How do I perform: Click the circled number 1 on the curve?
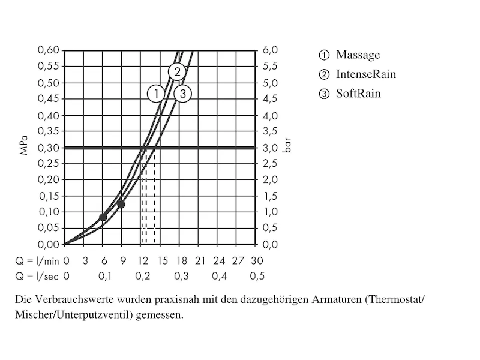point(156,94)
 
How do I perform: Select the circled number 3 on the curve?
point(183,94)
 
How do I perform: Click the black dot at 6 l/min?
point(103,217)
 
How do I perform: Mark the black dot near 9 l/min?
point(121,205)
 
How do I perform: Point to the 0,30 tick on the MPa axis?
point(48,148)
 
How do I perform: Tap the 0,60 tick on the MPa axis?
point(48,50)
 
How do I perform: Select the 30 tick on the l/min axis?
point(257,261)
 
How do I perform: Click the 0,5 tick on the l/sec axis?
point(257,276)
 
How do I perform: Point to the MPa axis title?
point(25,146)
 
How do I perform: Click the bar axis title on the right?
point(287,148)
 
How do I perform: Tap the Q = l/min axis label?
point(37,261)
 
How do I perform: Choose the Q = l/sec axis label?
point(37,276)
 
